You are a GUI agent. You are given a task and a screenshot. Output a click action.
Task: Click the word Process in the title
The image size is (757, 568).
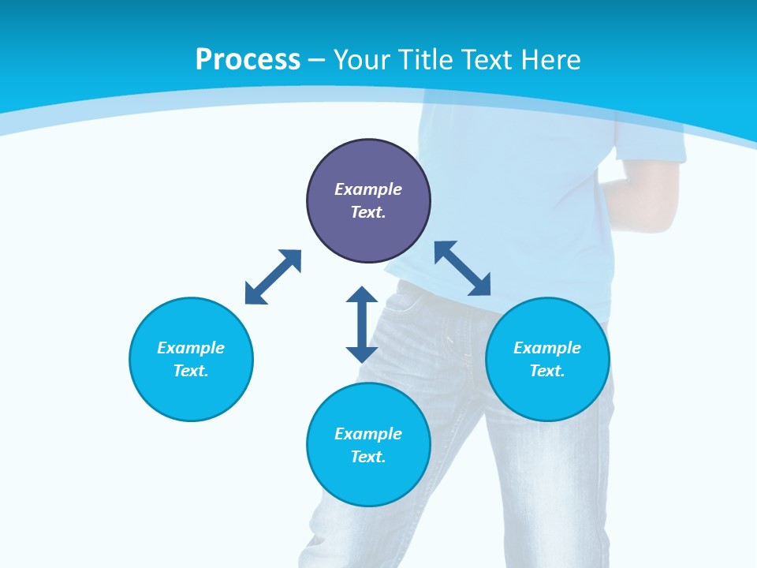tap(248, 60)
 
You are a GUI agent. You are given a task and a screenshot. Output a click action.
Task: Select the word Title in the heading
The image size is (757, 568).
tap(429, 60)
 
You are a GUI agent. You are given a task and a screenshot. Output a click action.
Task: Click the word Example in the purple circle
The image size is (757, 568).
tap(368, 189)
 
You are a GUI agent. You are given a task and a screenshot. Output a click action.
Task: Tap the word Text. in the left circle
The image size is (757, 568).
tap(191, 371)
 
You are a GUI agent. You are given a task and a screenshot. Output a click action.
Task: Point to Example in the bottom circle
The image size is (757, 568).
tap(368, 434)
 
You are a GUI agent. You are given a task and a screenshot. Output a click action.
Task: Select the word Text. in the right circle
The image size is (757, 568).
tap(547, 371)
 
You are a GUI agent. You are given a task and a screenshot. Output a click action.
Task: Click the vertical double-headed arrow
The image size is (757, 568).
tap(362, 324)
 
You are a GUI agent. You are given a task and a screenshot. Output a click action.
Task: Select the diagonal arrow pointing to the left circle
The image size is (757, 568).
tap(273, 277)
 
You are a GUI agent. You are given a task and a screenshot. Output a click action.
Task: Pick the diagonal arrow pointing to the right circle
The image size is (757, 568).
tap(463, 268)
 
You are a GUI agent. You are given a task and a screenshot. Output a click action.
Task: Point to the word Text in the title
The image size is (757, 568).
tap(487, 60)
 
